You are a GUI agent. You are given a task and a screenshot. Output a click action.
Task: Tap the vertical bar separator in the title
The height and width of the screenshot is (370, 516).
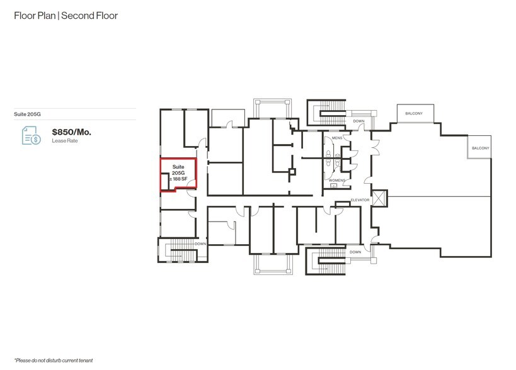tap(60, 15)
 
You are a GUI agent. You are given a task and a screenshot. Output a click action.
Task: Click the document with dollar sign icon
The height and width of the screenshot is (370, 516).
tap(31, 135)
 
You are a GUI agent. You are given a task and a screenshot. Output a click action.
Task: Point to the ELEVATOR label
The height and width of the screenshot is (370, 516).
tap(360, 200)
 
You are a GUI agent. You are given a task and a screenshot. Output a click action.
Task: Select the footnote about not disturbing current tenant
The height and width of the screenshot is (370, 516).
tap(54, 360)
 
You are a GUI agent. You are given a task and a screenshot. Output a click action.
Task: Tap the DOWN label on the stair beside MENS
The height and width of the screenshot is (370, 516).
tap(358, 121)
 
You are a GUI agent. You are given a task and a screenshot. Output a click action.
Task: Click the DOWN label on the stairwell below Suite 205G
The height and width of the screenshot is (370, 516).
tap(200, 244)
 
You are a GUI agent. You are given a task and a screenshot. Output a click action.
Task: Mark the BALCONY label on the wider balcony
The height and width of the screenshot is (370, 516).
tap(413, 114)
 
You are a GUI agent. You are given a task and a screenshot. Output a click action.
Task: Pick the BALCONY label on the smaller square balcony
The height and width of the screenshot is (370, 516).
tap(480, 148)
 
